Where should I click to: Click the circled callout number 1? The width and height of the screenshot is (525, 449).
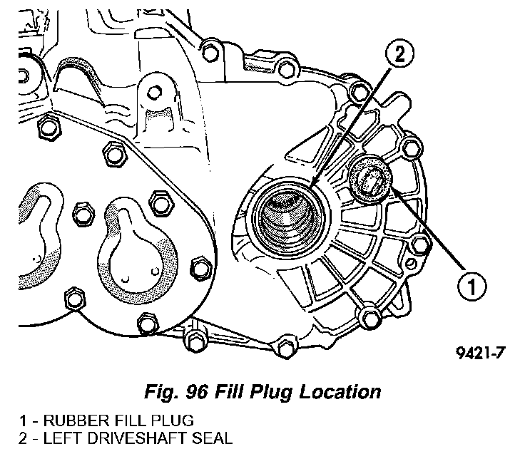(472, 287)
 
